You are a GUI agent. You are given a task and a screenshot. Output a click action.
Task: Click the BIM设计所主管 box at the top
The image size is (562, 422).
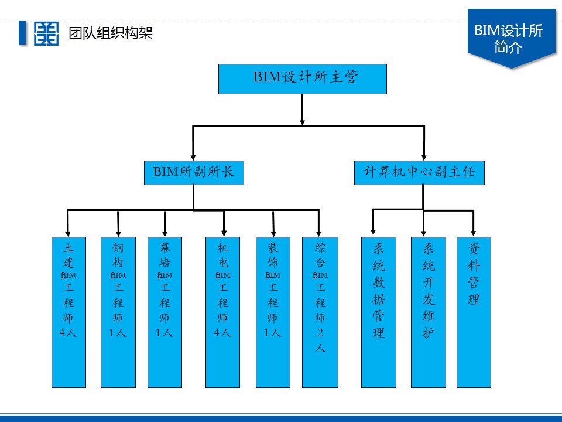tap(302, 79)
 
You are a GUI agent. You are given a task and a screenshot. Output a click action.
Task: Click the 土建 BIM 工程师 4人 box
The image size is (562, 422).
tap(68, 312)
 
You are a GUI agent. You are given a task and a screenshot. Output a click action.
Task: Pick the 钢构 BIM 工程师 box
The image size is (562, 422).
tap(118, 312)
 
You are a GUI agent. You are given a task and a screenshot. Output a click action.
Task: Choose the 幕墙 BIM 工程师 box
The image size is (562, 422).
tap(165, 312)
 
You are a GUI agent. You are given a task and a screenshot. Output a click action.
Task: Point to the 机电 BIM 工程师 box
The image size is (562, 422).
tap(222, 312)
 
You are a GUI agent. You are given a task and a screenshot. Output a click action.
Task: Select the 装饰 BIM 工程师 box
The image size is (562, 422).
tap(273, 312)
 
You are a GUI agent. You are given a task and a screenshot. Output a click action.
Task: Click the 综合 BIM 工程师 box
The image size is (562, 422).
tap(320, 312)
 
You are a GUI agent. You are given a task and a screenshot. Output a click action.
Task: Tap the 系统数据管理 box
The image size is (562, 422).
tap(379, 312)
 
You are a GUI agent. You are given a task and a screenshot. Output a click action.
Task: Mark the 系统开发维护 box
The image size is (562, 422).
tap(428, 312)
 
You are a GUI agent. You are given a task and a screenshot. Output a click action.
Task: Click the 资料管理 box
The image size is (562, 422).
tap(474, 312)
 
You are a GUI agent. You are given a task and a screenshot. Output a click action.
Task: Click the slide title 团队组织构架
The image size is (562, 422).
tap(111, 33)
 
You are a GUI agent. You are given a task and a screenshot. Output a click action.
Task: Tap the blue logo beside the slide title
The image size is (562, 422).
tap(46, 33)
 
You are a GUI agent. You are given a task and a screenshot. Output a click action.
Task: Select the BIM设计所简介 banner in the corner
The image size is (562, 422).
tap(511, 39)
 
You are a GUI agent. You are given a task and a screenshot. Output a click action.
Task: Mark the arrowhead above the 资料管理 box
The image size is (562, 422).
tap(474, 231)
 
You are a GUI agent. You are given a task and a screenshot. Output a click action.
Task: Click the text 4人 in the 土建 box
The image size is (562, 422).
tap(68, 333)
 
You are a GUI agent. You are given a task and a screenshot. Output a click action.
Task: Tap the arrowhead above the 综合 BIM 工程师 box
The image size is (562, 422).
tap(319, 231)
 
